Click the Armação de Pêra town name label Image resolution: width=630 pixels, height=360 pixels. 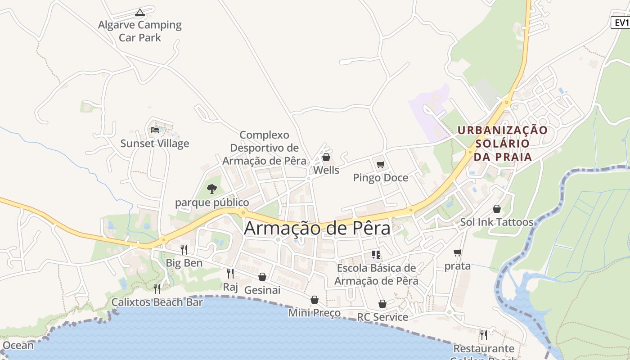click(317, 229)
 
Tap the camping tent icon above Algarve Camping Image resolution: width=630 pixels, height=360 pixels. click(139, 12)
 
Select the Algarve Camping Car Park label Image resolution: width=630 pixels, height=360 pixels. click(140, 31)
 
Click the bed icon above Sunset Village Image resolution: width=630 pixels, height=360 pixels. click(155, 130)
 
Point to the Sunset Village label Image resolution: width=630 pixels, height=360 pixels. click(155, 144)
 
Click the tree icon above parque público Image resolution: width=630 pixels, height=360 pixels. click(211, 189)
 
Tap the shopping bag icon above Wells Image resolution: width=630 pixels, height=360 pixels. click(326, 157)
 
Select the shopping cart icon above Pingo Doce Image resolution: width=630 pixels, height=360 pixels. click(381, 164)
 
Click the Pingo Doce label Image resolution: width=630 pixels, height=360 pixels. click(381, 178)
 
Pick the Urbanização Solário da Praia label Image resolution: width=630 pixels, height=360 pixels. click(503, 144)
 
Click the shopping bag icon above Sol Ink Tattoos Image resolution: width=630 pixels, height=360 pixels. click(497, 209)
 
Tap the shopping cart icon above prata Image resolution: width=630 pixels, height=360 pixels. click(458, 252)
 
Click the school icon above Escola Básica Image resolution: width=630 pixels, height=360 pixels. click(376, 255)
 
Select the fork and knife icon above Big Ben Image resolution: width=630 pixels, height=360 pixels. click(184, 249)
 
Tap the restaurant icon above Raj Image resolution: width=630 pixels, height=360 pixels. click(230, 273)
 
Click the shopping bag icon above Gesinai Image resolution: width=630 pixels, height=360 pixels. click(262, 277)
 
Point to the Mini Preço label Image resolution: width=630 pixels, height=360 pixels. click(315, 313)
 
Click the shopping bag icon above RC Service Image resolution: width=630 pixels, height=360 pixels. click(382, 304)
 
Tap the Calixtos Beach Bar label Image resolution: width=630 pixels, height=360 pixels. click(157, 302)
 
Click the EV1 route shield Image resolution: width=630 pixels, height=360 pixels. click(621, 22)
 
